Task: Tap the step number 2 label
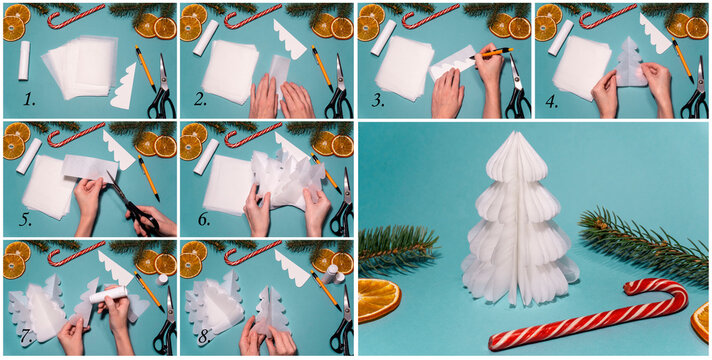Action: (x=201, y=101)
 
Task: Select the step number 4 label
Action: (x=552, y=101)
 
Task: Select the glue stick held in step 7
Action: (x=109, y=294)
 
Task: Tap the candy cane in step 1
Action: (x=75, y=16)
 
